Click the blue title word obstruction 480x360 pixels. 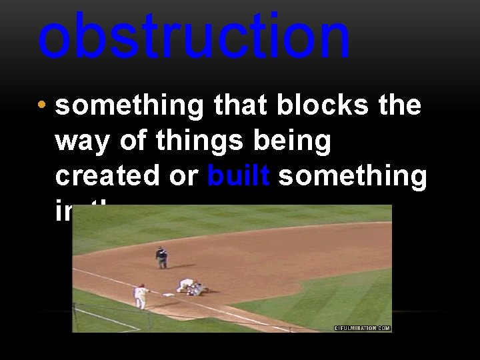click(193, 37)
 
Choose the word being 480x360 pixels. click(295, 141)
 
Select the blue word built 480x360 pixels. click(238, 176)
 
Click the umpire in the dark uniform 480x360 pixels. click(161, 257)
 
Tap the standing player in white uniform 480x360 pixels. click(140, 296)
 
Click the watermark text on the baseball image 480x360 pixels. click(362, 327)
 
